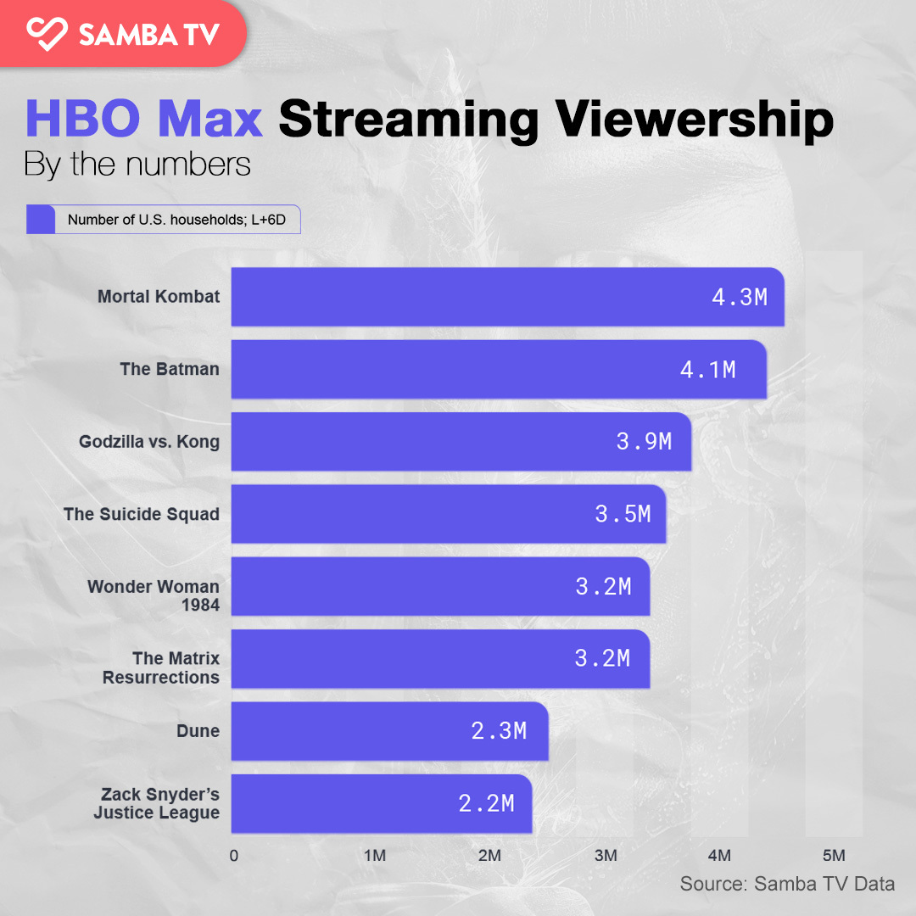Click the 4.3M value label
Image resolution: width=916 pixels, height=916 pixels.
[x=740, y=297]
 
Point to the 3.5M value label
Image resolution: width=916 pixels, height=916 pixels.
[x=623, y=514]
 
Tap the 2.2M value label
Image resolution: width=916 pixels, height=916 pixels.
[x=487, y=803]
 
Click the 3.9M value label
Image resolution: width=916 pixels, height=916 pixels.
[x=644, y=441]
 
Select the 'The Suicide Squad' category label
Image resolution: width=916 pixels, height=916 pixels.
[x=142, y=514]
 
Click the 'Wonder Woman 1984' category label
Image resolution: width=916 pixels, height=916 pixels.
[x=154, y=595]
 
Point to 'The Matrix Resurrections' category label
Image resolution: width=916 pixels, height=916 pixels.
[x=161, y=667]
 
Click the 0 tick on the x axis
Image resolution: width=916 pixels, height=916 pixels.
[x=234, y=855]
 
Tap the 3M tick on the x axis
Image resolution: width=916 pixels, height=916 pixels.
[x=606, y=855]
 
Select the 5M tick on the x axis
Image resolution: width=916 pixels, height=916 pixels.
[x=835, y=855]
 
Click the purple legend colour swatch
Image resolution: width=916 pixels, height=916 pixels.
[x=41, y=220]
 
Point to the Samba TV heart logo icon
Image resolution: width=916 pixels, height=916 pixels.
[x=46, y=33]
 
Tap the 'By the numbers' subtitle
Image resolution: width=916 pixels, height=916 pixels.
[x=137, y=163]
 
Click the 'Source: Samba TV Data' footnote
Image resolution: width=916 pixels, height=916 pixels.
[x=787, y=884]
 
